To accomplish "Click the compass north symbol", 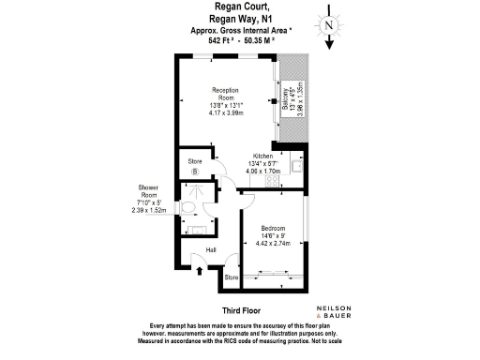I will [328, 26].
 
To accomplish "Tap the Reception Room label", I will [226, 93].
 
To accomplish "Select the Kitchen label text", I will [262, 156].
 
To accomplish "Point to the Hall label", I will [212, 249].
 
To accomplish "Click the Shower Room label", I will [148, 191].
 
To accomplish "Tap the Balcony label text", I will [285, 96].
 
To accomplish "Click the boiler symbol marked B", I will [195, 172].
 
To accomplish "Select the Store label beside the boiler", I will [195, 161].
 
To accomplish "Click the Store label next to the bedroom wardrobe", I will [232, 278].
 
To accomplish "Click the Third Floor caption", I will [240, 309].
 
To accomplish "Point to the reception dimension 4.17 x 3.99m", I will [226, 112].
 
